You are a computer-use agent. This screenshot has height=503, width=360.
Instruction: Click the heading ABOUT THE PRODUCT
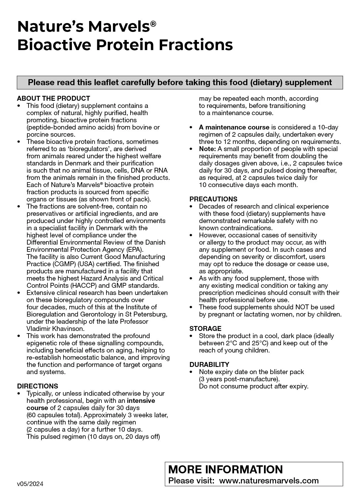tap(53, 98)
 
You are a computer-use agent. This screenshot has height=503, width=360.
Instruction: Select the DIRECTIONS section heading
tap(38, 386)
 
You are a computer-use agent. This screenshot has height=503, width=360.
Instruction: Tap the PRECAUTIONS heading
tap(213, 199)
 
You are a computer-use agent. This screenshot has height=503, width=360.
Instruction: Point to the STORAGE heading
tap(205, 329)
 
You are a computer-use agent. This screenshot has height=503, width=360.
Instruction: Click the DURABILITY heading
tap(209, 365)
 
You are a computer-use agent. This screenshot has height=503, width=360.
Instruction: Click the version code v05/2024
tap(30, 484)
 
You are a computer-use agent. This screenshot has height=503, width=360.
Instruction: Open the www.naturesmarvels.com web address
tap(269, 481)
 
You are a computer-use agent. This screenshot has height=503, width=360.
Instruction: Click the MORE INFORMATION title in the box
tap(225, 469)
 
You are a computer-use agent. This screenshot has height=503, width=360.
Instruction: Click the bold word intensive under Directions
tap(141, 401)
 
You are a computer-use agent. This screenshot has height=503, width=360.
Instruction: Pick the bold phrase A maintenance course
tap(234, 127)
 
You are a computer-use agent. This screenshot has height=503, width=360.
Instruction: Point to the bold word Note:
tap(207, 149)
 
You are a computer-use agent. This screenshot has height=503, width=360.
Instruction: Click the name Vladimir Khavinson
tap(55, 329)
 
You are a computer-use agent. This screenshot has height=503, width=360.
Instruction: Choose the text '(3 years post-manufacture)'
tap(239, 379)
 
